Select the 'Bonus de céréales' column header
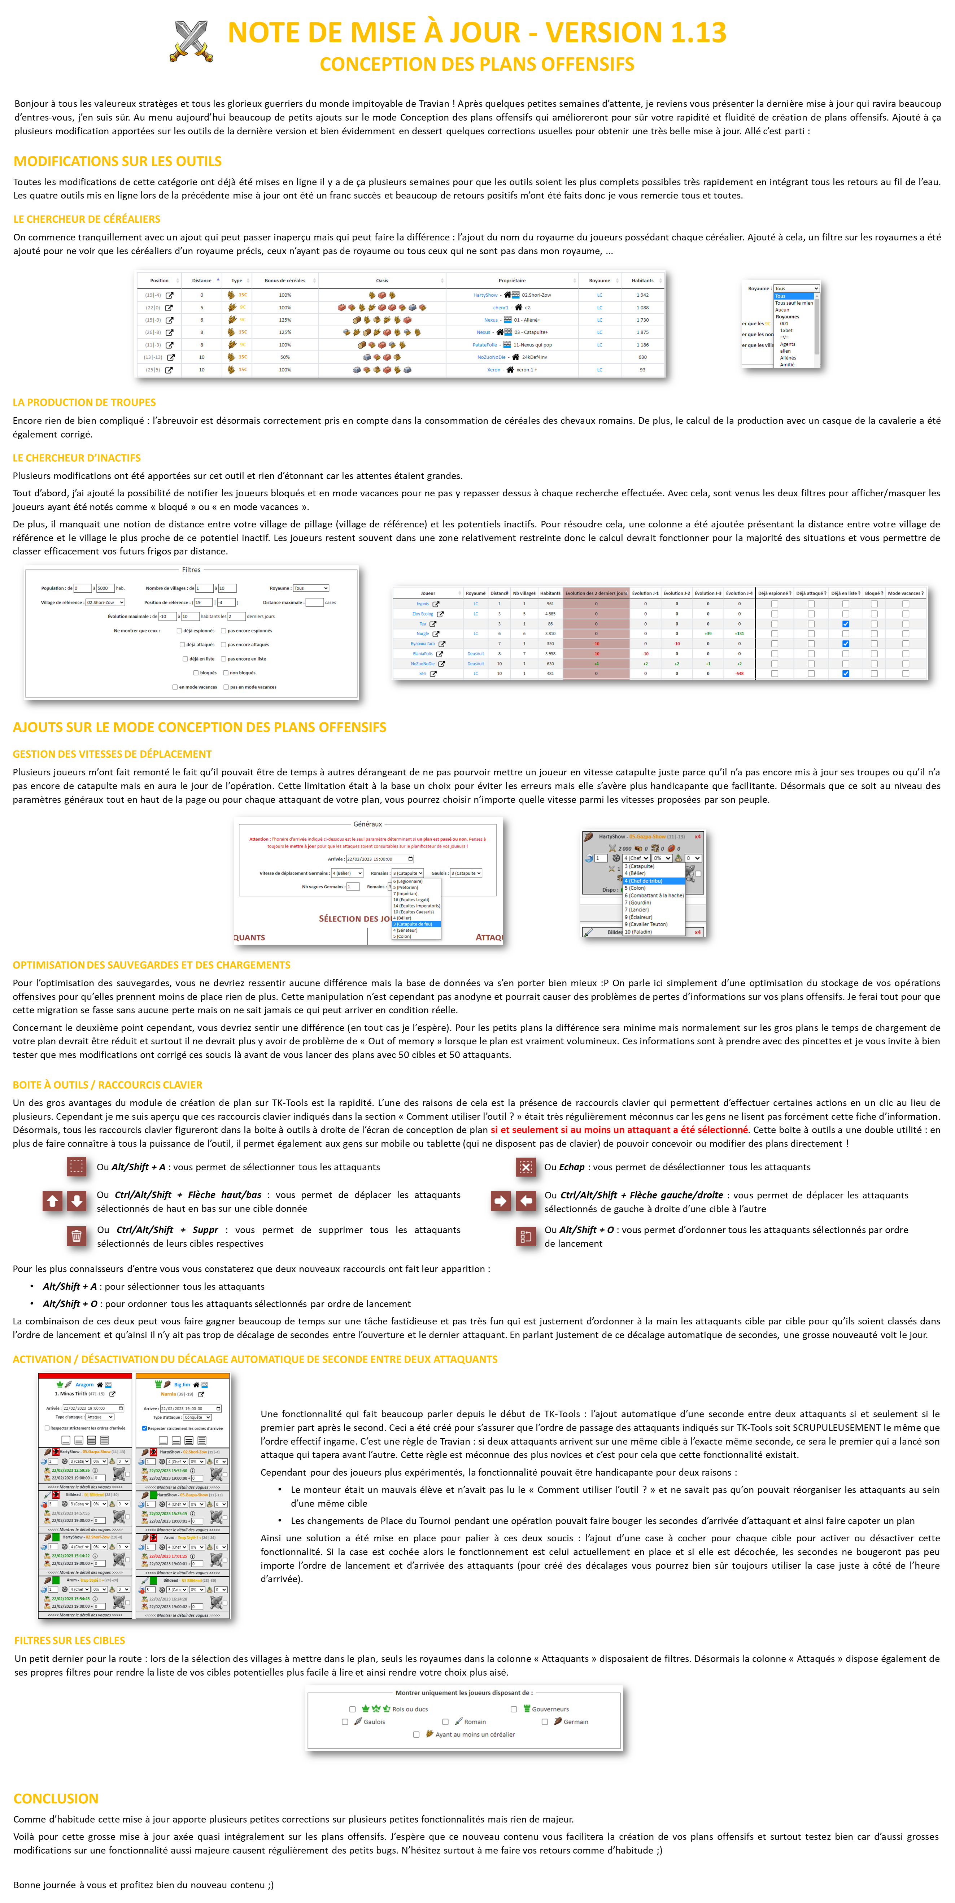click(284, 281)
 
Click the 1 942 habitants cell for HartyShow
click(642, 295)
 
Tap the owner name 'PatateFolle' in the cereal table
click(484, 345)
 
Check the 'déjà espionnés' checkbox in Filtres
click(179, 631)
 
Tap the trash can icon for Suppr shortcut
click(76, 1236)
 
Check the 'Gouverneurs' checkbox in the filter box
click(514, 1709)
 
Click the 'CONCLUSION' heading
click(56, 1798)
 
